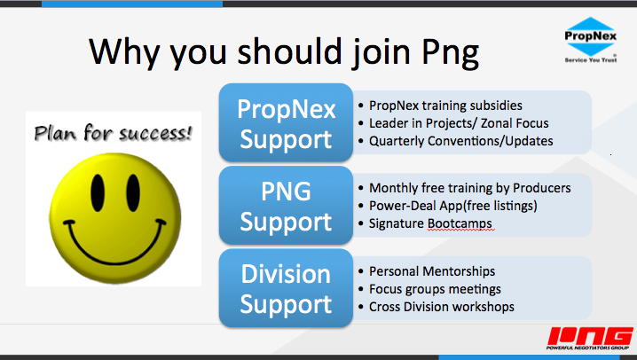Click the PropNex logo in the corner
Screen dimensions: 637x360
tap(590, 40)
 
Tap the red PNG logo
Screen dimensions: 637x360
tap(589, 338)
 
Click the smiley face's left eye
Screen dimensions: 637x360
tap(98, 192)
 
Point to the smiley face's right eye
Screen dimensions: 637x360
tap(133, 192)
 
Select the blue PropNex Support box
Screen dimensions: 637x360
tap(286, 122)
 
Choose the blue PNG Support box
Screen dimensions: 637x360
tap(286, 206)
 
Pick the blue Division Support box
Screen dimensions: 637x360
tap(286, 288)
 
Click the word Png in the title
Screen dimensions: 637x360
tap(451, 53)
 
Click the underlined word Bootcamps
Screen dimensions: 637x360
tap(460, 224)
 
